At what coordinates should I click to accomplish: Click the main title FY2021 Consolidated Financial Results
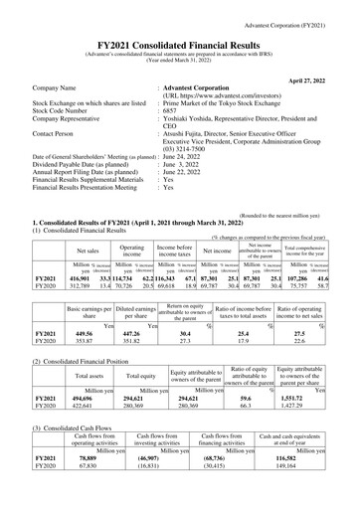(x=180, y=33)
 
